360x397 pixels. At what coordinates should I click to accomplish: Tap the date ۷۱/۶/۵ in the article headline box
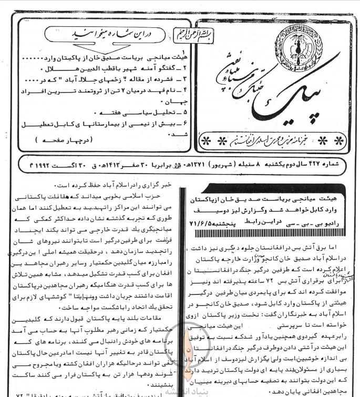coord(200,223)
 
